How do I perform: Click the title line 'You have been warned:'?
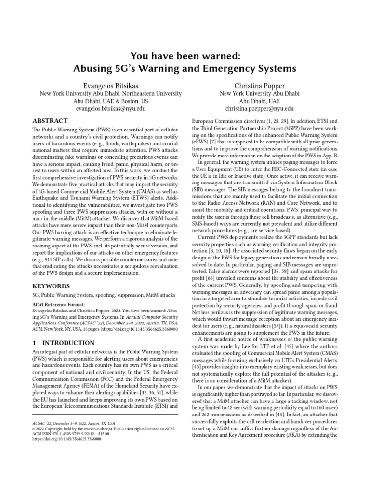(185, 56)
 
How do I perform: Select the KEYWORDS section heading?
(52, 286)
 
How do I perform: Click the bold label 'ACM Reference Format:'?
(58, 304)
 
